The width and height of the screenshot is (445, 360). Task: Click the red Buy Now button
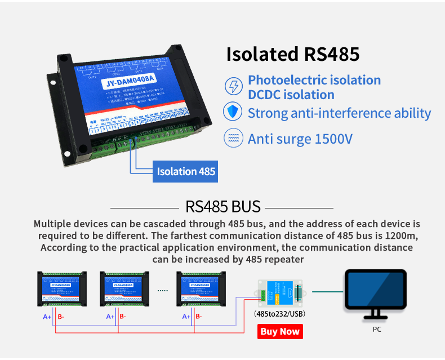point(280,331)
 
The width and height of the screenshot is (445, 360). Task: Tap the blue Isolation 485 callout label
point(185,171)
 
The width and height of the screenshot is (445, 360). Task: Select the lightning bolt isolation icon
point(232,87)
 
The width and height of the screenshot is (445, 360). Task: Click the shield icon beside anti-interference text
point(232,112)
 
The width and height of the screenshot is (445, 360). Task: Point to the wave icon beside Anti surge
point(232,138)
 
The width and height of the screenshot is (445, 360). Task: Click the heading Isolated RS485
point(292,54)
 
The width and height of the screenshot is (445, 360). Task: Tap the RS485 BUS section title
point(222,206)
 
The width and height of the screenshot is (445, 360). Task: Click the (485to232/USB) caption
point(279,314)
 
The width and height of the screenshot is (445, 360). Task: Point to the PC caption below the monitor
point(377,330)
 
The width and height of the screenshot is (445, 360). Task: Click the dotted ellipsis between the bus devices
point(162,291)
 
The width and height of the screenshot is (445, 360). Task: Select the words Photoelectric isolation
point(314,80)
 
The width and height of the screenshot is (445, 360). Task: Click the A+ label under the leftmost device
point(47,317)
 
